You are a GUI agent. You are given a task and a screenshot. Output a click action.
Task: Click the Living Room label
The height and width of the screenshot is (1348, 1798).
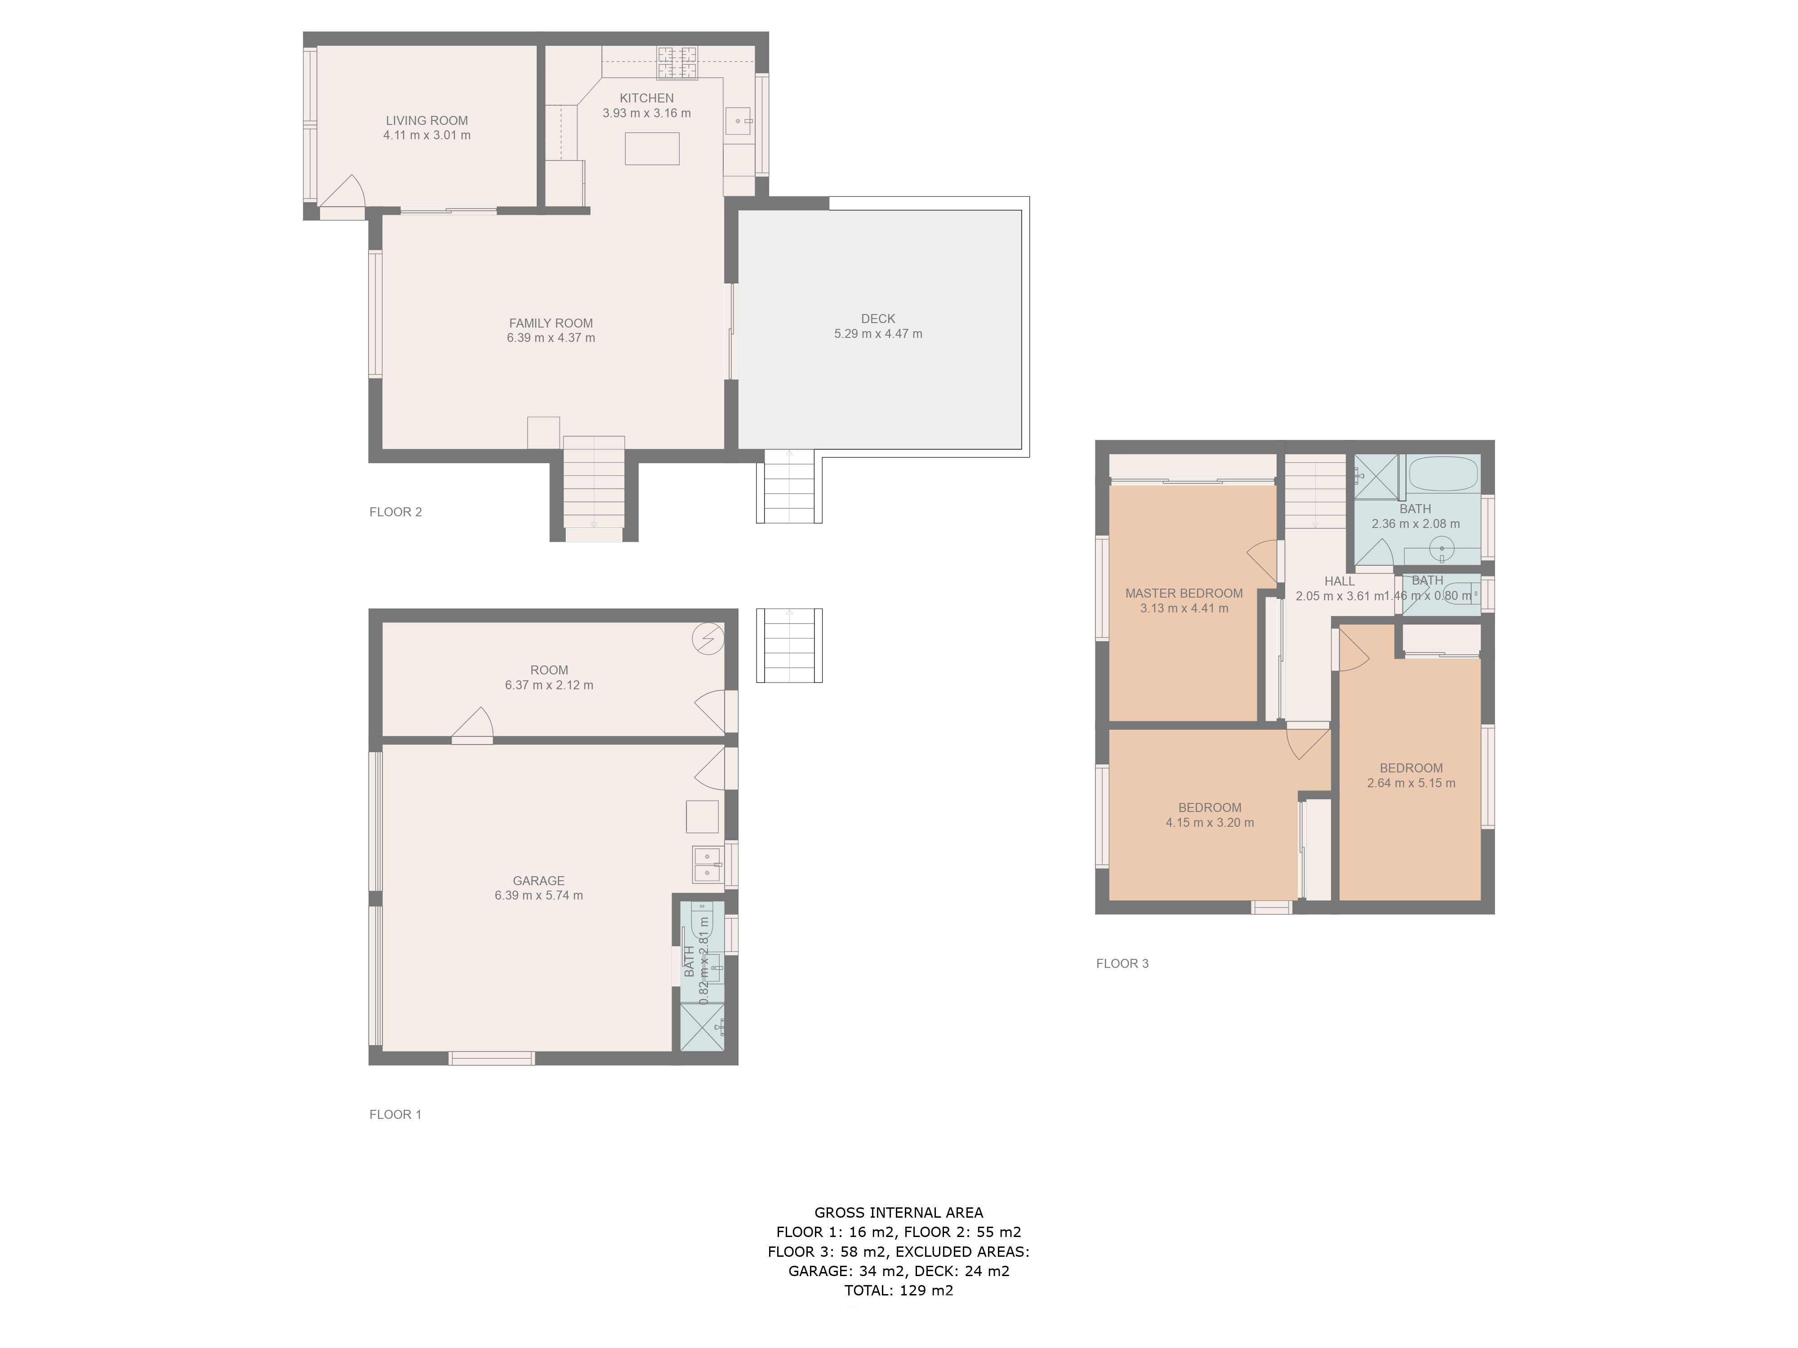point(427,121)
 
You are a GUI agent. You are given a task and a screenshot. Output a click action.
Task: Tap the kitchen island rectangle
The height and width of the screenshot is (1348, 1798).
point(652,149)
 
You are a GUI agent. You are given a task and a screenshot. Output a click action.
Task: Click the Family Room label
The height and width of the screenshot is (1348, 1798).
point(551,324)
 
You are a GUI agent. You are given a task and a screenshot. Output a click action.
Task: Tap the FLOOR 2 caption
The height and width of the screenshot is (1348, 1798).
point(396,512)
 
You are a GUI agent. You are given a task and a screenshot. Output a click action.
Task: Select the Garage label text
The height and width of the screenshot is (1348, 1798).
point(539,881)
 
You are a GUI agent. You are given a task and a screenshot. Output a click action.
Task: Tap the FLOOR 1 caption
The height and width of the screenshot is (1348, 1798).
point(396,1115)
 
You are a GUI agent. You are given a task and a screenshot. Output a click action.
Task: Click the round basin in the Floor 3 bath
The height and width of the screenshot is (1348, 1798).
point(1442,549)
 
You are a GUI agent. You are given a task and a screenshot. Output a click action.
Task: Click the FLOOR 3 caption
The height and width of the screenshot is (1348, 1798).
point(1122,964)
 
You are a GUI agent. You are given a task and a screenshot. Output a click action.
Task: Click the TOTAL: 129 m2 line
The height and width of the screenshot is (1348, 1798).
point(899,1290)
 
